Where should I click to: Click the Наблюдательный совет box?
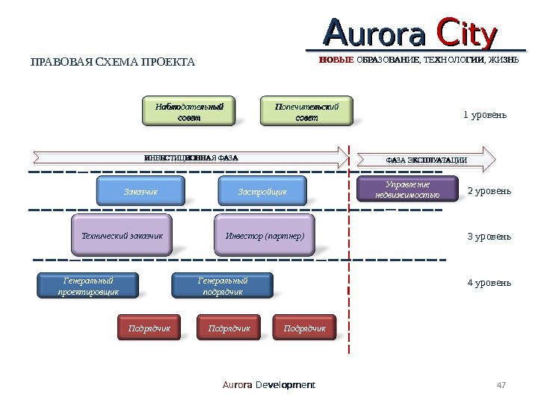point(189,111)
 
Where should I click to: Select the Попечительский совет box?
point(306,111)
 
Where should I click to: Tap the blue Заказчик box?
point(140,192)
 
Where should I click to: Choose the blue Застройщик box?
point(262,192)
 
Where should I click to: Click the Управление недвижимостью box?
point(407,190)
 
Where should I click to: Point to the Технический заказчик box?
point(122,237)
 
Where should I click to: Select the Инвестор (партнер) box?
point(265,237)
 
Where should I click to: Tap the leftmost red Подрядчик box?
point(149,328)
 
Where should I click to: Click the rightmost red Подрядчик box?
point(305,328)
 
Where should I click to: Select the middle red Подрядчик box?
point(229,328)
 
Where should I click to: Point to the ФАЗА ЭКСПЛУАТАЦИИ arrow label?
point(426,160)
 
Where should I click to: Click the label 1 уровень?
point(485,115)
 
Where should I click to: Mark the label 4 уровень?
point(489,283)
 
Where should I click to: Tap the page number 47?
point(501,385)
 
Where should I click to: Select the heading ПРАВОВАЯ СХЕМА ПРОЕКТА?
point(112,61)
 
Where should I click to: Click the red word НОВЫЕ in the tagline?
point(336,59)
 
